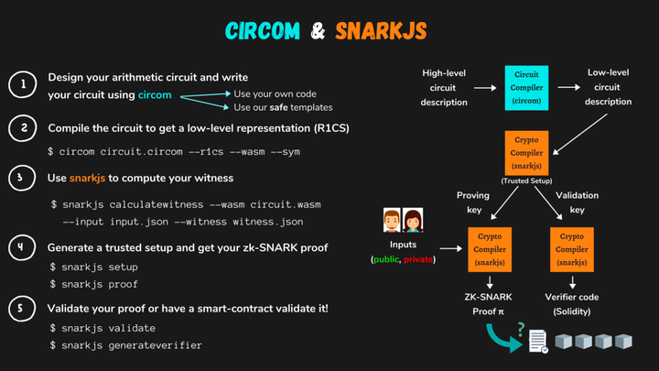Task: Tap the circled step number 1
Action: click(21, 86)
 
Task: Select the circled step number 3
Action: click(21, 177)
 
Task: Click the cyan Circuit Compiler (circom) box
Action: click(526, 87)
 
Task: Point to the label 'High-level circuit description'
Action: click(445, 87)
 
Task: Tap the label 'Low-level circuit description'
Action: click(608, 87)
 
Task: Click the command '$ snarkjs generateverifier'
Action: click(126, 345)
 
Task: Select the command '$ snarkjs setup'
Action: click(93, 267)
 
